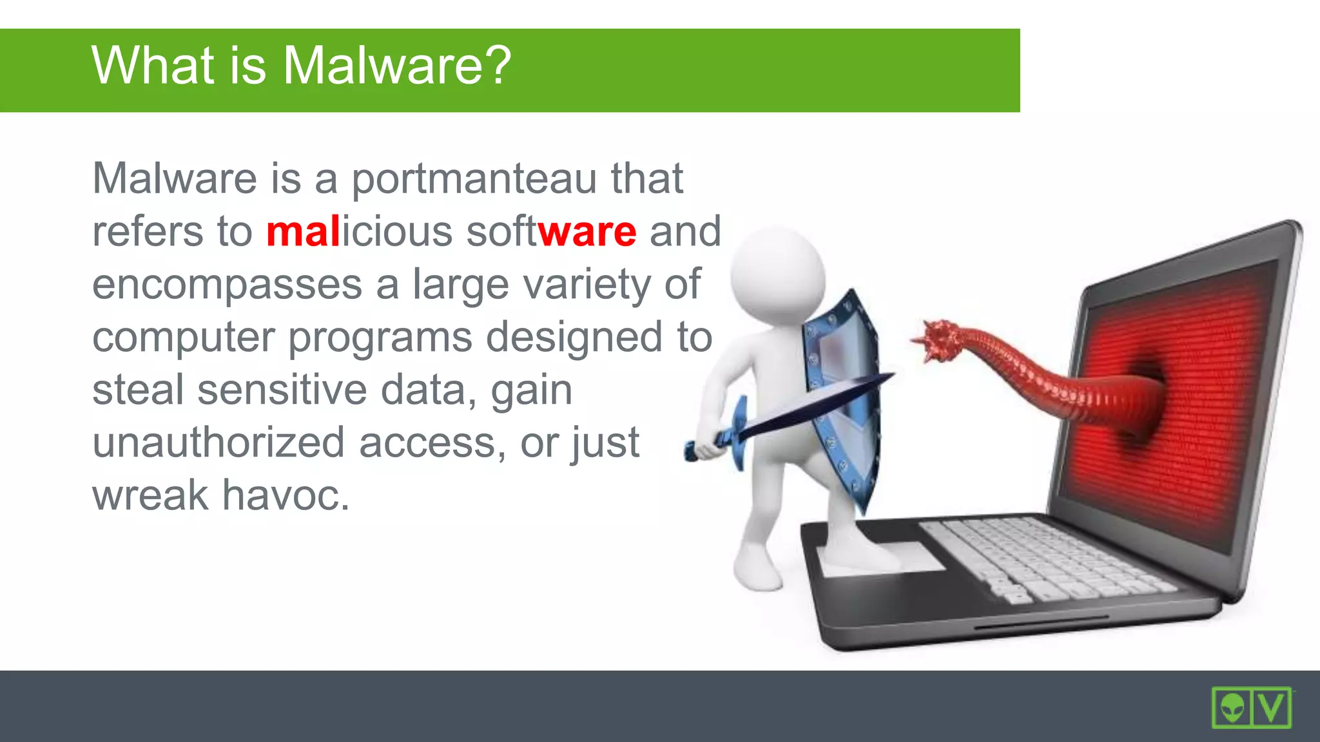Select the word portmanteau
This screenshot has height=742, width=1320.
coord(474,178)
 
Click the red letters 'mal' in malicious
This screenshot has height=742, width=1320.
coord(303,231)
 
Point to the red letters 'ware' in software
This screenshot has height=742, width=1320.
coord(587,231)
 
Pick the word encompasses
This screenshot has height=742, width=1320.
coord(227,285)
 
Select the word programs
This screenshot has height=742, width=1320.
coord(380,338)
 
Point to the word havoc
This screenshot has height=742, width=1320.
coord(286,495)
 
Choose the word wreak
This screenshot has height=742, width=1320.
coord(150,495)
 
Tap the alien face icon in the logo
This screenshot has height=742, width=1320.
coord(1232,708)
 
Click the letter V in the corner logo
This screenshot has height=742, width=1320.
coord(1272,708)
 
